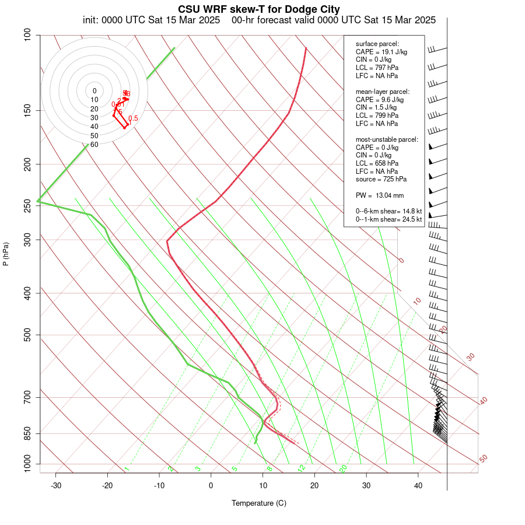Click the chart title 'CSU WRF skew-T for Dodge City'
click(x=259, y=9)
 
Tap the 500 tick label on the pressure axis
click(x=27, y=335)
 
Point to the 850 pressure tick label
click(x=27, y=433)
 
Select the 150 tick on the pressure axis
click(x=27, y=110)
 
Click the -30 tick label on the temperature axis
click(x=56, y=485)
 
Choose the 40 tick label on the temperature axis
click(x=418, y=485)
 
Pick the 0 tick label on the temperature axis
click(x=211, y=485)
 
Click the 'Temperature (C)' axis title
click(x=259, y=503)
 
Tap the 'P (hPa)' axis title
click(x=6, y=254)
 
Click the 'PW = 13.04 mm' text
click(x=380, y=195)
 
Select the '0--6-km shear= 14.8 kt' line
click(x=388, y=211)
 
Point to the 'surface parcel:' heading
click(x=377, y=44)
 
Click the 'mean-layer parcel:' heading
click(x=383, y=92)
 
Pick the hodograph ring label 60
click(x=94, y=144)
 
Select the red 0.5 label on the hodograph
click(x=133, y=118)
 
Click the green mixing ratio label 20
click(x=344, y=468)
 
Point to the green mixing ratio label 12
click(x=302, y=468)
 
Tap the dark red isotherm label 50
click(x=483, y=459)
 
